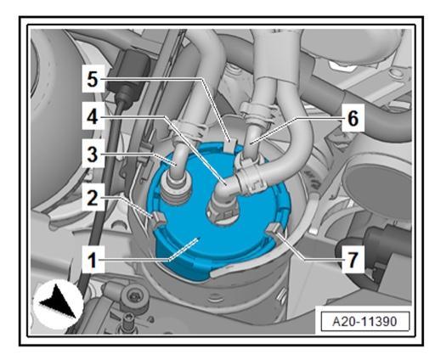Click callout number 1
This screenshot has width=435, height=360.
coord(93,260)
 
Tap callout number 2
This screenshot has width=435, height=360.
coord(93,197)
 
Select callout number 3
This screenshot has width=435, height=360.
coord(93,155)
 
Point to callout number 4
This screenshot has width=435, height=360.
coord(93,116)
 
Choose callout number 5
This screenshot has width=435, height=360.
coord(93,80)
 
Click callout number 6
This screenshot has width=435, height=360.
coord(353,118)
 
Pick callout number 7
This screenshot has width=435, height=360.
coord(353,260)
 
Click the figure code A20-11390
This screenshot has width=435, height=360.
coord(364,322)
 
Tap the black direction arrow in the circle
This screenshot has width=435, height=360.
coord(59,301)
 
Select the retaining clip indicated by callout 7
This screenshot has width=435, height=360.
coord(274,228)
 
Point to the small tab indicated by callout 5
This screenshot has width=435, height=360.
coord(229,145)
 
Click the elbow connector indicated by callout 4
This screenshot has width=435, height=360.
coord(227,189)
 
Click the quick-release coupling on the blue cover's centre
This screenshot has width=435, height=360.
coord(223,211)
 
